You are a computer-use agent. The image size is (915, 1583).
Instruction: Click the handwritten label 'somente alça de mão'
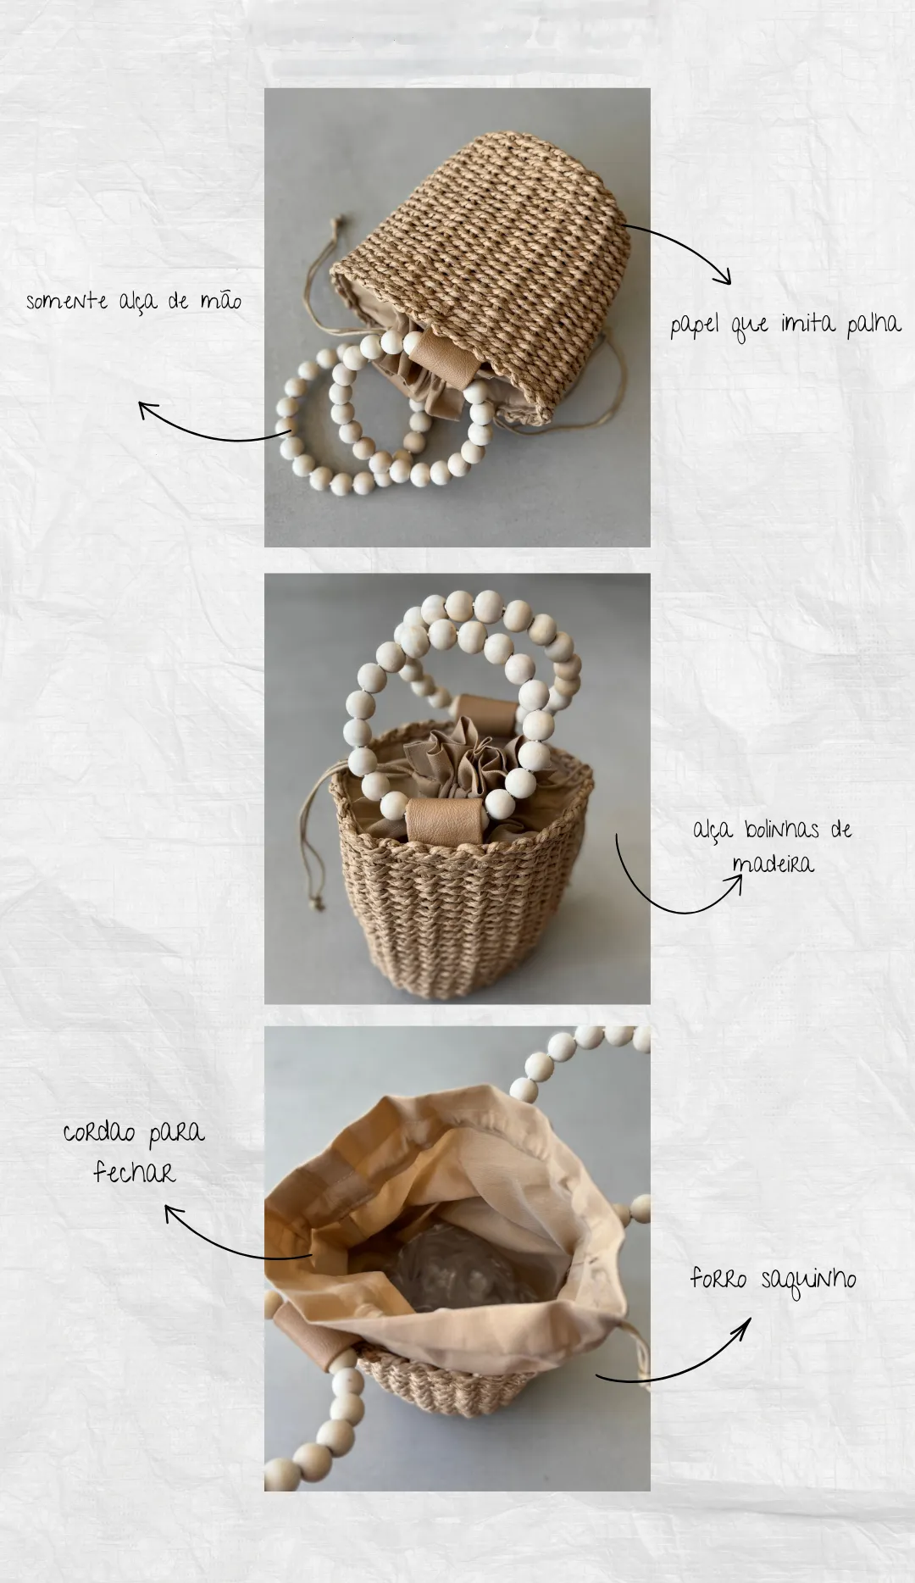[133, 302]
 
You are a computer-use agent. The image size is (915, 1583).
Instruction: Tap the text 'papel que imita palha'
[785, 325]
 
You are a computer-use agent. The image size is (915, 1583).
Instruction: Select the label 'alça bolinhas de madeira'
[772, 847]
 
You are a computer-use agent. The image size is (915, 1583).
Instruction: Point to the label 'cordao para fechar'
[134, 1153]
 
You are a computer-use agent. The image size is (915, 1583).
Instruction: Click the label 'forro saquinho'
[773, 1279]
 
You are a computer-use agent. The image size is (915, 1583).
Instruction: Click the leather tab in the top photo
[444, 358]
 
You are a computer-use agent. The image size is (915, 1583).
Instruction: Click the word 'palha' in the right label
[873, 323]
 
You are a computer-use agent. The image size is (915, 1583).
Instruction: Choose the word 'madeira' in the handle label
[772, 864]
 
